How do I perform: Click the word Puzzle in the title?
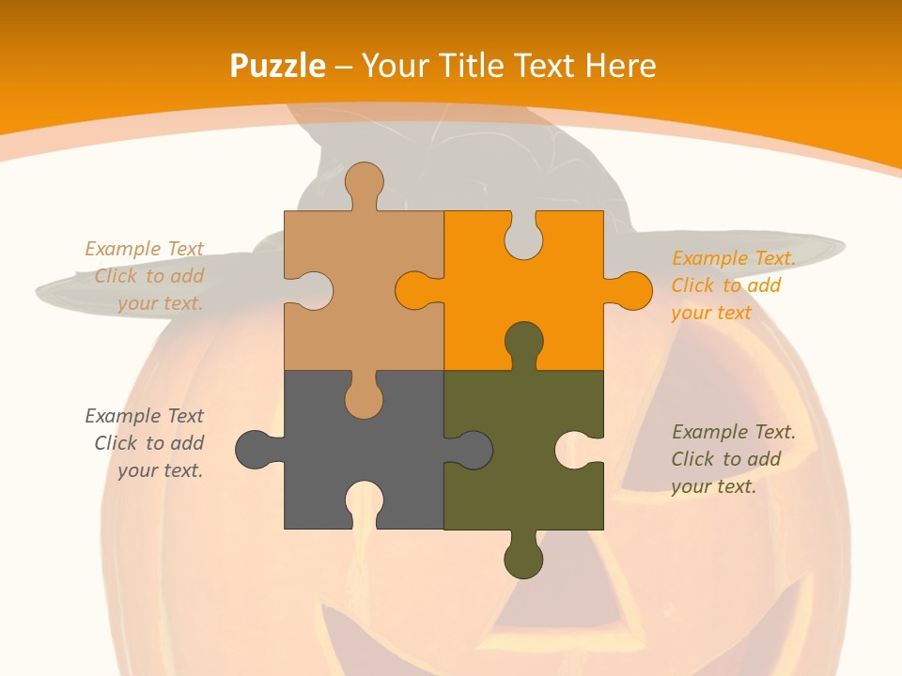[x=278, y=66]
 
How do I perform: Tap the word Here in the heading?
[x=620, y=66]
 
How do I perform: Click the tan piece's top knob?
[x=365, y=181]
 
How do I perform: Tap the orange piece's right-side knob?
[x=631, y=291]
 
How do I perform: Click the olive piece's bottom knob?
[x=523, y=560]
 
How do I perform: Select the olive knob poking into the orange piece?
[x=523, y=342]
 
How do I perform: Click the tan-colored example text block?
[x=145, y=276]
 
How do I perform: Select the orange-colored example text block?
[x=733, y=285]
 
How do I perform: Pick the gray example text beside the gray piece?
[x=145, y=443]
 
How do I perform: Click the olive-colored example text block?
[x=733, y=459]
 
